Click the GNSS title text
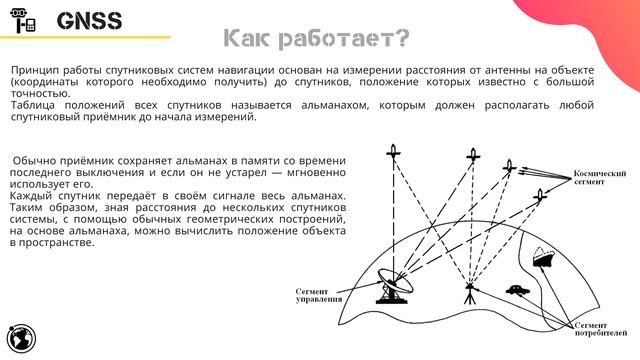pos(89,21)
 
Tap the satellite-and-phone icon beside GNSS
pos(28,21)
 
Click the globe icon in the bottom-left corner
pos(20,338)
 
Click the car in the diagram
pos(517,291)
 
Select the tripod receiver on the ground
pos(469,290)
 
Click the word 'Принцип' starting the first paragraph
pos(33,72)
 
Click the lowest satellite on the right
pos(541,195)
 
